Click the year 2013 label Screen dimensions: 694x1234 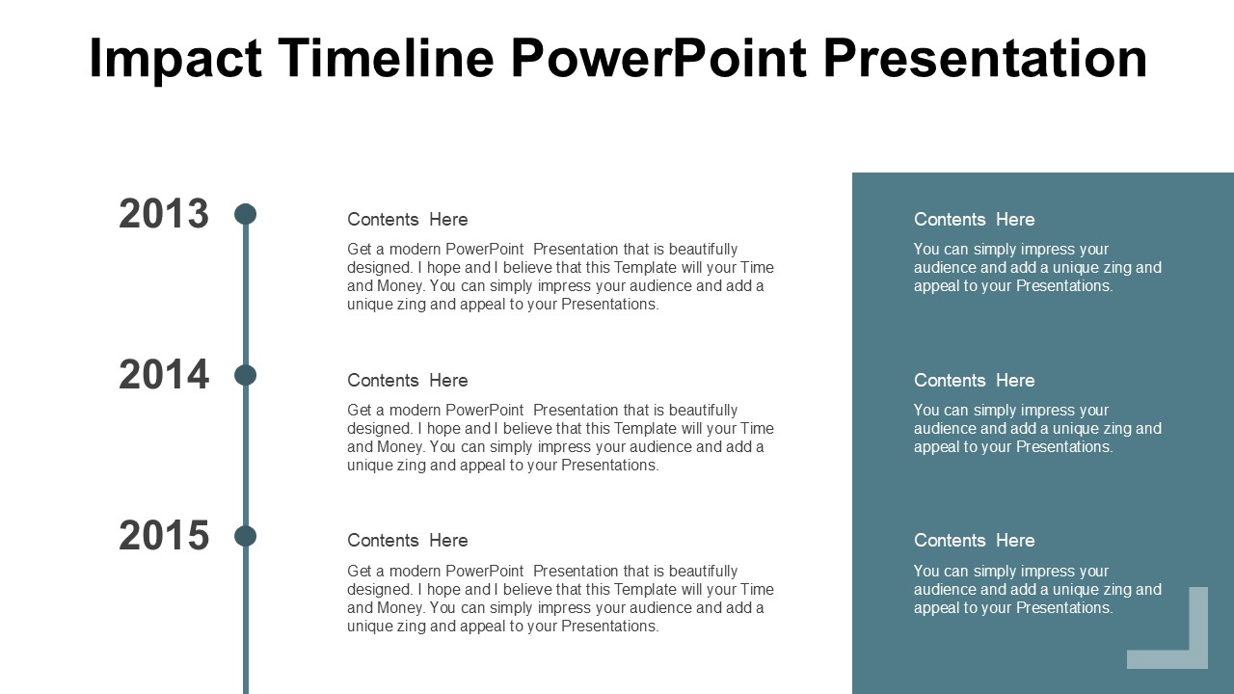coord(164,214)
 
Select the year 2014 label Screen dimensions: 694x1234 coord(164,375)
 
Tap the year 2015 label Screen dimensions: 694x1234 coord(164,536)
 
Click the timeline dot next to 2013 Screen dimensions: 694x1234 coord(246,214)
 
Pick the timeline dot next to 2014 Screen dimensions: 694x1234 coord(246,375)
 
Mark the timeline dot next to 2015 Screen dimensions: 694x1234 coord(246,536)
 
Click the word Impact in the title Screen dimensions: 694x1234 coord(174,59)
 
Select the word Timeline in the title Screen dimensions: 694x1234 coord(386,59)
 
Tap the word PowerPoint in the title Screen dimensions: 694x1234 coord(658,59)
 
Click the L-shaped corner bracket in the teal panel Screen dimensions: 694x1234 coord(1195,655)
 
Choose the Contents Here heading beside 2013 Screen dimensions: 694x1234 coord(407,220)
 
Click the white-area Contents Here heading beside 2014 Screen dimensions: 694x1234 coord(407,381)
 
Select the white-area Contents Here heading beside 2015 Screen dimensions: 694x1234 coord(407,541)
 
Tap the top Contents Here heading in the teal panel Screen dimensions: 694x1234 coord(974,220)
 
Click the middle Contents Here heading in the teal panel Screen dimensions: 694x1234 coord(974,381)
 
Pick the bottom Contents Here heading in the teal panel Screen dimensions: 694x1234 coord(974,541)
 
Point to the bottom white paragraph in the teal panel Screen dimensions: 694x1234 coord(1037,589)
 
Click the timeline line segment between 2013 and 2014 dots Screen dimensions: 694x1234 coord(246,294)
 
